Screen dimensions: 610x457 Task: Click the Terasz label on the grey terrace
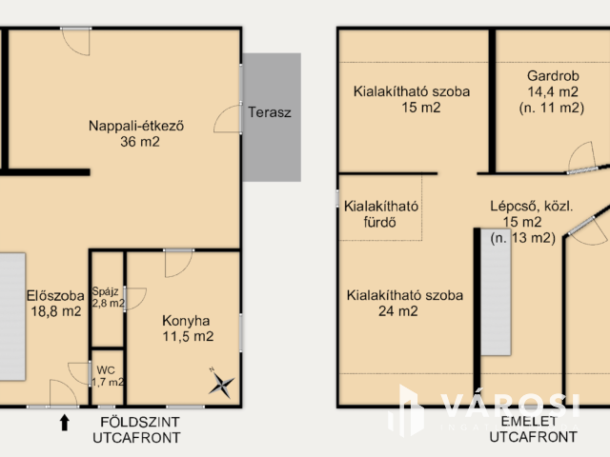(x=270, y=112)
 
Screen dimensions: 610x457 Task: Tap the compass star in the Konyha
(x=222, y=385)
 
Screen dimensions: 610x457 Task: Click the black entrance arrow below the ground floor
(x=65, y=423)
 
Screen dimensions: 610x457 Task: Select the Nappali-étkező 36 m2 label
(x=136, y=133)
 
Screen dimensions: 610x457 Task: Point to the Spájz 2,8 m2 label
(x=108, y=297)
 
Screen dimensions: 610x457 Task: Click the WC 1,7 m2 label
(x=108, y=376)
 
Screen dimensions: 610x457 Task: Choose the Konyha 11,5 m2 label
(x=188, y=328)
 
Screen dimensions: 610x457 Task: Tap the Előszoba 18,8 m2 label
(x=55, y=304)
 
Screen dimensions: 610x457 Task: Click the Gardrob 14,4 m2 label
(x=552, y=91)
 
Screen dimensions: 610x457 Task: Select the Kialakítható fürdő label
(x=381, y=214)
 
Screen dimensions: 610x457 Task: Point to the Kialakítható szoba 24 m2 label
(x=404, y=303)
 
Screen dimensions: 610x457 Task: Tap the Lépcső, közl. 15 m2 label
(x=526, y=222)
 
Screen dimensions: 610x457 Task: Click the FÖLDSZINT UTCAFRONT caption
(x=136, y=429)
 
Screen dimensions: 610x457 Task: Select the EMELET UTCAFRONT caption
(x=533, y=429)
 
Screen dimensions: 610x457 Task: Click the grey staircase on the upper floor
(x=496, y=292)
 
